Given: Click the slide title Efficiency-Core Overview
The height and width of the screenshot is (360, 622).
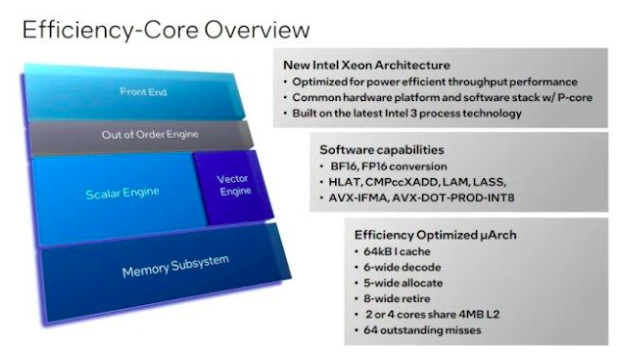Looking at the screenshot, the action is [x=166, y=30].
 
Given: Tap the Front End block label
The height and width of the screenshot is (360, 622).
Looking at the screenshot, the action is [x=143, y=92].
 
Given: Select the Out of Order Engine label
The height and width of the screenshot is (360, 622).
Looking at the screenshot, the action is [x=150, y=134].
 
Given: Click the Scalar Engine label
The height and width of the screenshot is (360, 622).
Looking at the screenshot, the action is [x=122, y=193].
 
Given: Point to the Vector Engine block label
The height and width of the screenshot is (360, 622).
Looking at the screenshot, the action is [x=234, y=185].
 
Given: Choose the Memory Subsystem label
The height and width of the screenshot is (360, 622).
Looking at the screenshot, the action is [x=175, y=266].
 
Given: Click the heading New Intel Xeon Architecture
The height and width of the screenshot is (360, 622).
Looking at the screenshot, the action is [x=367, y=65].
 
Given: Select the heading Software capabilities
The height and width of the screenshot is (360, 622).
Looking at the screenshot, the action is [x=382, y=150].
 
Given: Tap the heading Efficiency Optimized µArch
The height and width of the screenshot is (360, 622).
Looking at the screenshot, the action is [x=435, y=235].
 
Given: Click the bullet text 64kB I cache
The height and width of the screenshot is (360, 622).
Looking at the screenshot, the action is [x=397, y=251].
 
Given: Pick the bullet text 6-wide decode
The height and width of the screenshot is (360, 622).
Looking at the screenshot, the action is [x=402, y=267].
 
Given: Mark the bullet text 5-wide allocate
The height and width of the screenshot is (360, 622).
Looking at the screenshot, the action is [x=403, y=283].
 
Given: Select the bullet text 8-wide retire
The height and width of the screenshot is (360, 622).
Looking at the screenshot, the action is [x=397, y=299].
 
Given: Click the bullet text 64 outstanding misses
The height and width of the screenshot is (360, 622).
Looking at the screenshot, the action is [x=422, y=330].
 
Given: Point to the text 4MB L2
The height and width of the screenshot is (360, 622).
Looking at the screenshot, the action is [x=479, y=314].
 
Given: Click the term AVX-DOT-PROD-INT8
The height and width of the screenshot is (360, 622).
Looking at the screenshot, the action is [x=453, y=197].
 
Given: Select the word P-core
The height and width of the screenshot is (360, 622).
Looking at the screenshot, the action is [x=575, y=98].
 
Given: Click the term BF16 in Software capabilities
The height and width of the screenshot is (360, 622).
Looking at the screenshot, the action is [x=344, y=167].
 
